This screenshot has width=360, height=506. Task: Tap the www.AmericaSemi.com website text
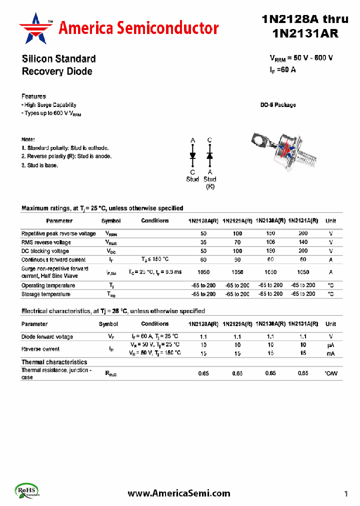click(179, 493)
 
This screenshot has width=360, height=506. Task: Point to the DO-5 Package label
click(277, 105)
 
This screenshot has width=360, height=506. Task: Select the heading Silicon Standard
click(58, 58)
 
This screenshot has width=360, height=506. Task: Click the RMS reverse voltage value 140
click(303, 242)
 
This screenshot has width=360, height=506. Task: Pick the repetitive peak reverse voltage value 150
click(270, 233)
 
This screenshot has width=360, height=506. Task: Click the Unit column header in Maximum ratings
click(330, 220)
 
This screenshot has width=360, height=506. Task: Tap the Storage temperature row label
click(46, 294)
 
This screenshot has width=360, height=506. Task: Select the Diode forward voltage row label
click(47, 336)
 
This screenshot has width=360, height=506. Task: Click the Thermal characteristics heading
click(54, 362)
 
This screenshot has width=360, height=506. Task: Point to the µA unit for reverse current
click(330, 345)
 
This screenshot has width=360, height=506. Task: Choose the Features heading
click(33, 96)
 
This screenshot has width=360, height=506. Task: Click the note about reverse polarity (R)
click(66, 156)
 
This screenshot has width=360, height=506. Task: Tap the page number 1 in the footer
click(345, 494)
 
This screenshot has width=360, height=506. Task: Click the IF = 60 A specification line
click(282, 70)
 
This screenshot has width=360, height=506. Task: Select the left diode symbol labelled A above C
click(192, 155)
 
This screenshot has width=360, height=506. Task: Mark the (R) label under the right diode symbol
click(210, 186)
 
